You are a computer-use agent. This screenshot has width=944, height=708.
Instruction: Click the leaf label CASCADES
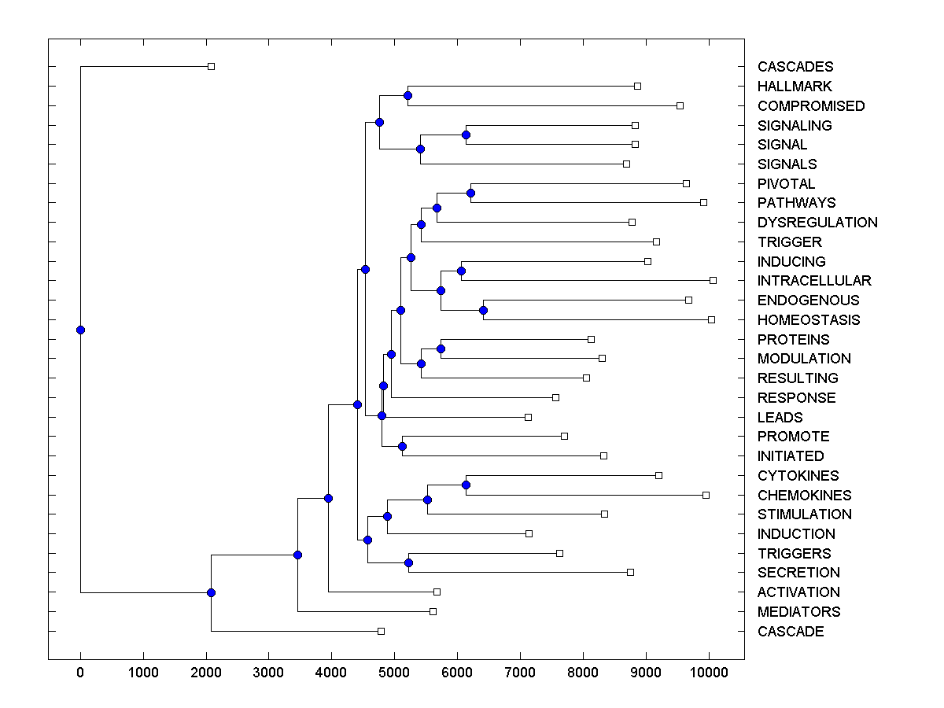point(795,67)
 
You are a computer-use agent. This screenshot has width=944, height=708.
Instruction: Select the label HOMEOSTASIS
point(809,320)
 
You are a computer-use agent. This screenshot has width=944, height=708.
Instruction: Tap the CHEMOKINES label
point(804,496)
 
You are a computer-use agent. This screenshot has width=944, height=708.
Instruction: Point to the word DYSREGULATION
point(817,223)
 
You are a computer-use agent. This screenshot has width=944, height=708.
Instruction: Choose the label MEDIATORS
point(798,612)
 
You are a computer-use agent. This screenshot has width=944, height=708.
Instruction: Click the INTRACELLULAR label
point(814,281)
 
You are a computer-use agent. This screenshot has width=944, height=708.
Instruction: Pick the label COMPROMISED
point(811,106)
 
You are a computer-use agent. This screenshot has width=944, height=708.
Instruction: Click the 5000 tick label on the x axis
point(394,673)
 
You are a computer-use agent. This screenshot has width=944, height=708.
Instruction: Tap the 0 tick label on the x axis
point(80,673)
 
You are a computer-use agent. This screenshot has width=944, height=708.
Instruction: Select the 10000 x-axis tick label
point(709,673)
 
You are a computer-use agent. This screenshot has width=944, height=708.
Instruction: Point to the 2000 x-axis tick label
point(206,673)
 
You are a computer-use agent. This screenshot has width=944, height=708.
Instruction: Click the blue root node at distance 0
point(80,330)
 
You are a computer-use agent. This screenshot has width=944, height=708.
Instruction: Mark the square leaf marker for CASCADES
point(211,66)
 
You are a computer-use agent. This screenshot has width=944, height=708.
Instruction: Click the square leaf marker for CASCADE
point(381,631)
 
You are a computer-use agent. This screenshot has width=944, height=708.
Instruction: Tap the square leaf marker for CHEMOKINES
point(706,495)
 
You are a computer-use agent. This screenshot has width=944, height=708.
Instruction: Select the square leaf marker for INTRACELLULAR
point(713,280)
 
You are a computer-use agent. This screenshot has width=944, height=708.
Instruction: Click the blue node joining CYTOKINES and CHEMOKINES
point(466,485)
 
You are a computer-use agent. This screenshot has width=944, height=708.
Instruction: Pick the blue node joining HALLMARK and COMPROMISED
point(407,95)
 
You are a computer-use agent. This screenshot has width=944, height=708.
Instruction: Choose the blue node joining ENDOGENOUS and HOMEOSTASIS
point(483,310)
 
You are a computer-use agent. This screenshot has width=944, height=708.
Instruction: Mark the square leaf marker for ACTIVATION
point(437,592)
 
